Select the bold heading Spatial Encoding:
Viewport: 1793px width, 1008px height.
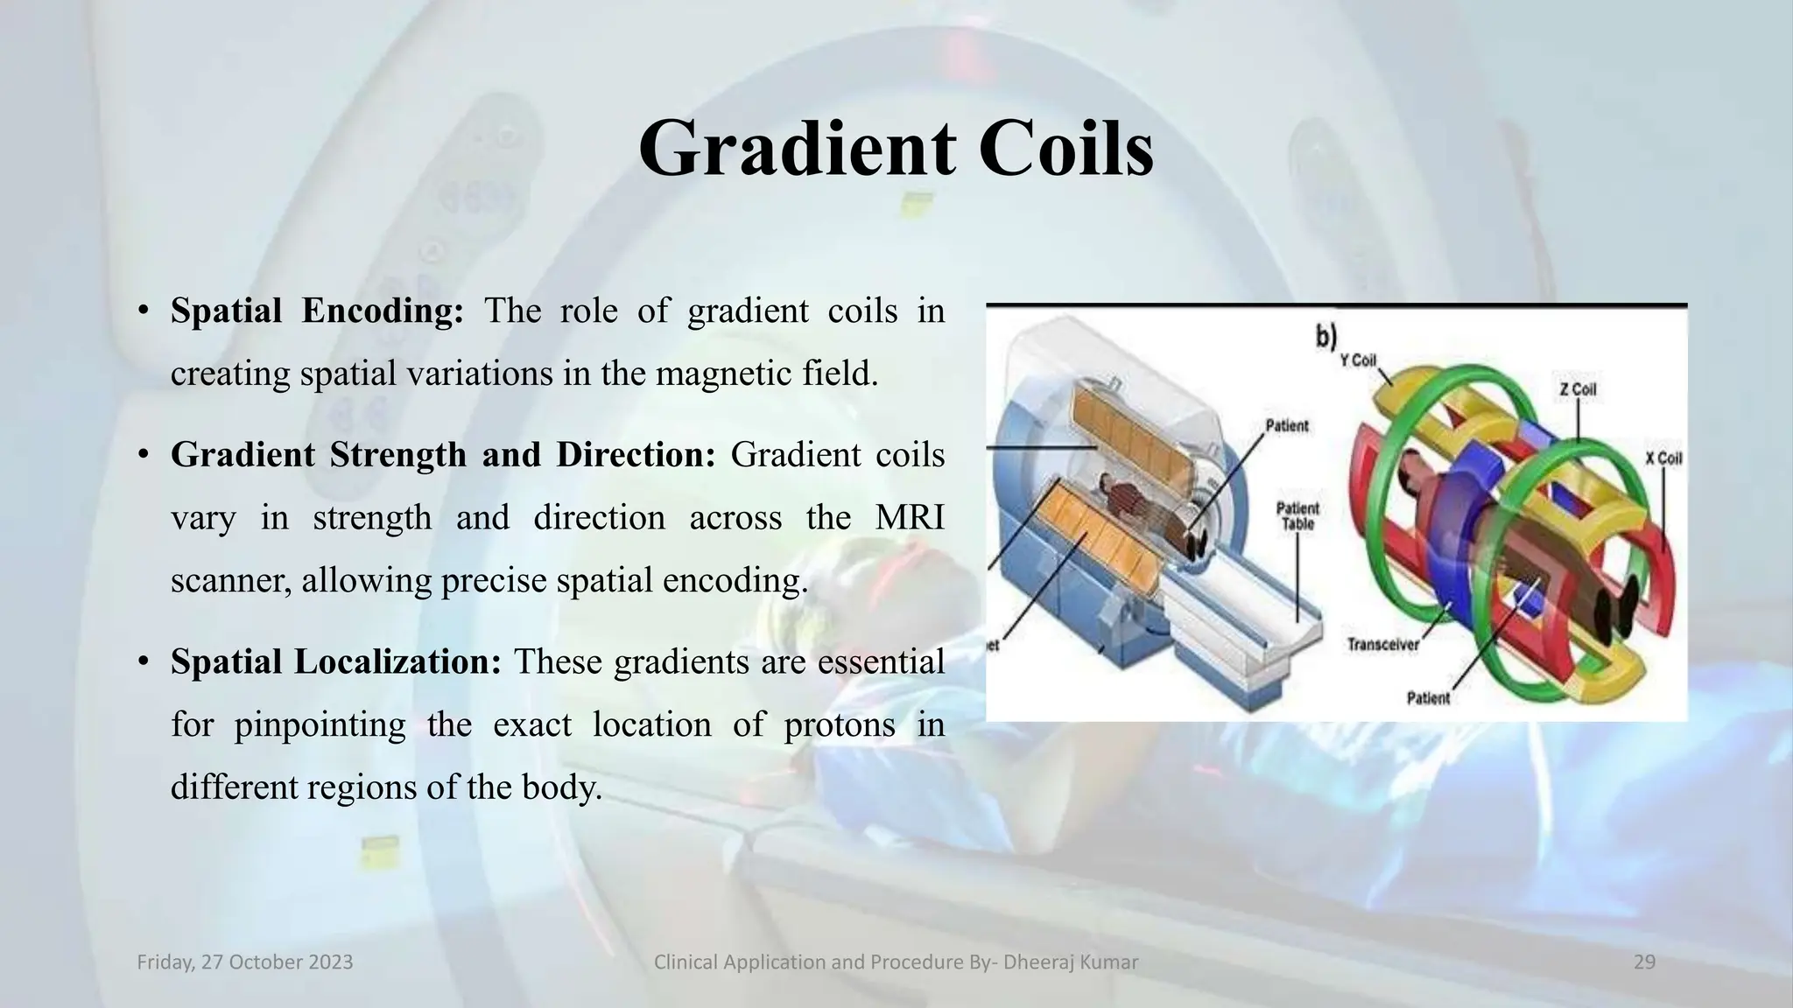point(317,311)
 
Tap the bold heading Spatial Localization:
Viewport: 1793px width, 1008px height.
point(336,661)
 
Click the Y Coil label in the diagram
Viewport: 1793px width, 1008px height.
point(1358,360)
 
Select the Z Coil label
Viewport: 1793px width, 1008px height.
point(1577,389)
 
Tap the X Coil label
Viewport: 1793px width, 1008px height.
point(1663,458)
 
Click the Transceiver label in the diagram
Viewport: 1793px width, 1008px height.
point(1382,645)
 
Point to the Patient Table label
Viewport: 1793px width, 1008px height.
point(1297,516)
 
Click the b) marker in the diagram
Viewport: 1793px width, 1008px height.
point(1325,338)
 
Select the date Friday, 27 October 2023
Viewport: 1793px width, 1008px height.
point(245,962)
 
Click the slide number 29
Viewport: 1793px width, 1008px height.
point(1644,962)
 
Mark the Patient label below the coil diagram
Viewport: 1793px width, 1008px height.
point(1428,697)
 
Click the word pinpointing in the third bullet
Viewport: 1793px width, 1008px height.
point(320,724)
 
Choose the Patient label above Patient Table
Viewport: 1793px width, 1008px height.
point(1287,426)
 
